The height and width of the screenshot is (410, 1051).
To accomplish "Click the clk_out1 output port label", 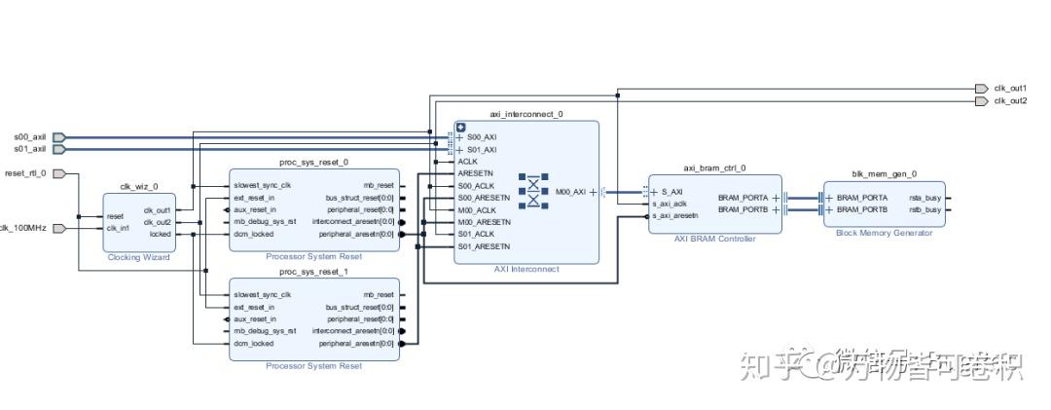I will pyautogui.click(x=1010, y=89).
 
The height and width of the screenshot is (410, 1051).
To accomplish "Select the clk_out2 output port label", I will pyautogui.click(x=1010, y=101).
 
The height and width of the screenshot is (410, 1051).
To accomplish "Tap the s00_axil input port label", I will pyautogui.click(x=29, y=137).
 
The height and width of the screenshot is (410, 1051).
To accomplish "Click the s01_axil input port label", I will pyautogui.click(x=29, y=149).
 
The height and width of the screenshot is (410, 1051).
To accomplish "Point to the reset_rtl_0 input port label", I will pyautogui.click(x=25, y=173).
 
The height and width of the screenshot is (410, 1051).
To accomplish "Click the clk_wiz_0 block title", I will pyautogui.click(x=138, y=186).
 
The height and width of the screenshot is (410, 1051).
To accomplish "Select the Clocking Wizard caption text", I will pyautogui.click(x=138, y=257).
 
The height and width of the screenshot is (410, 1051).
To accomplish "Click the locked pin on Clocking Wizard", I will pyautogui.click(x=160, y=234).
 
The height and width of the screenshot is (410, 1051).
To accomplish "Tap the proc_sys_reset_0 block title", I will pyautogui.click(x=313, y=163).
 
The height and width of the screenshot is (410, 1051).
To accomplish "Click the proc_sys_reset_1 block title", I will pyautogui.click(x=313, y=271).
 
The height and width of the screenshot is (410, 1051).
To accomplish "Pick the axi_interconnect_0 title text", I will pyautogui.click(x=525, y=115).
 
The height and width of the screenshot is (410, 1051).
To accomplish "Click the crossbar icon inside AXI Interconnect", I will pyautogui.click(x=533, y=192).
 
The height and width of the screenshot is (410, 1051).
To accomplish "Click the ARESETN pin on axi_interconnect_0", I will pyautogui.click(x=474, y=173).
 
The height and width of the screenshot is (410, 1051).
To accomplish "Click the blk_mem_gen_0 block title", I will pyautogui.click(x=884, y=173).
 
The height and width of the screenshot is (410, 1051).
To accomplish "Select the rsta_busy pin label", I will pyautogui.click(x=924, y=198).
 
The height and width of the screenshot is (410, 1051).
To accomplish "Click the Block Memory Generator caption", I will pyautogui.click(x=884, y=233).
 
